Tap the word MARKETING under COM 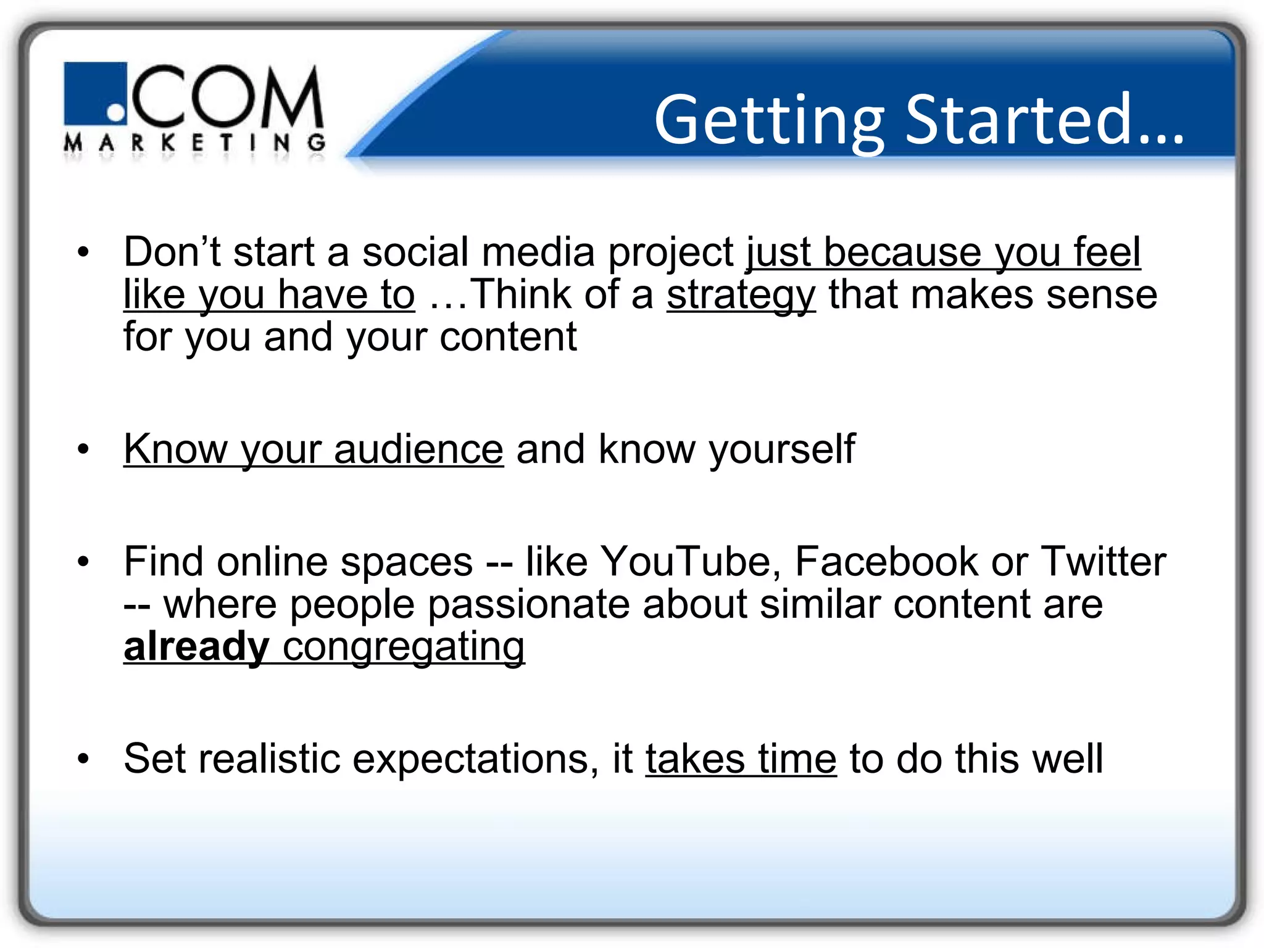point(194,144)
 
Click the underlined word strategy point(741,295)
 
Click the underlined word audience point(418,449)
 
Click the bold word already point(196,647)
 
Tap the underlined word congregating point(404,647)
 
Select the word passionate point(528,604)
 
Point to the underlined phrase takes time point(741,759)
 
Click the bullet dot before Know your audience point(83,449)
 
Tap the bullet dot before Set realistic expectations point(83,759)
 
